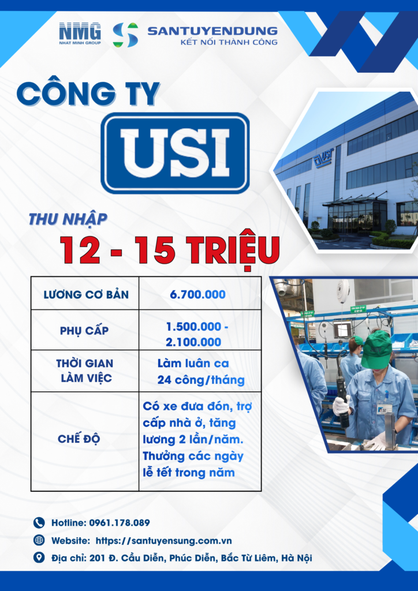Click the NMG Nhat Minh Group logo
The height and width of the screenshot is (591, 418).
80,33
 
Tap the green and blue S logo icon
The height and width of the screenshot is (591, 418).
125,35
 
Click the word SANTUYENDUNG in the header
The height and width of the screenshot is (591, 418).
212,31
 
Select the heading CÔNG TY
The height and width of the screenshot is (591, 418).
88,95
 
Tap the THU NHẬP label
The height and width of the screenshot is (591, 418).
68,219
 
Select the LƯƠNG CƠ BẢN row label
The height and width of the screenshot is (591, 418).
85,294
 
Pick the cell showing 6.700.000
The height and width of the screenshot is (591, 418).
198,294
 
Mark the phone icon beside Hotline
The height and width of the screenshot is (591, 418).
39,523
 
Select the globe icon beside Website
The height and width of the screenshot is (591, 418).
39,541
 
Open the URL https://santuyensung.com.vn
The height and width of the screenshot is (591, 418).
163,541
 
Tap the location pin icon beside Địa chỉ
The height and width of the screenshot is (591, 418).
39,558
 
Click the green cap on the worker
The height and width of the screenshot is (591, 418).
376,348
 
